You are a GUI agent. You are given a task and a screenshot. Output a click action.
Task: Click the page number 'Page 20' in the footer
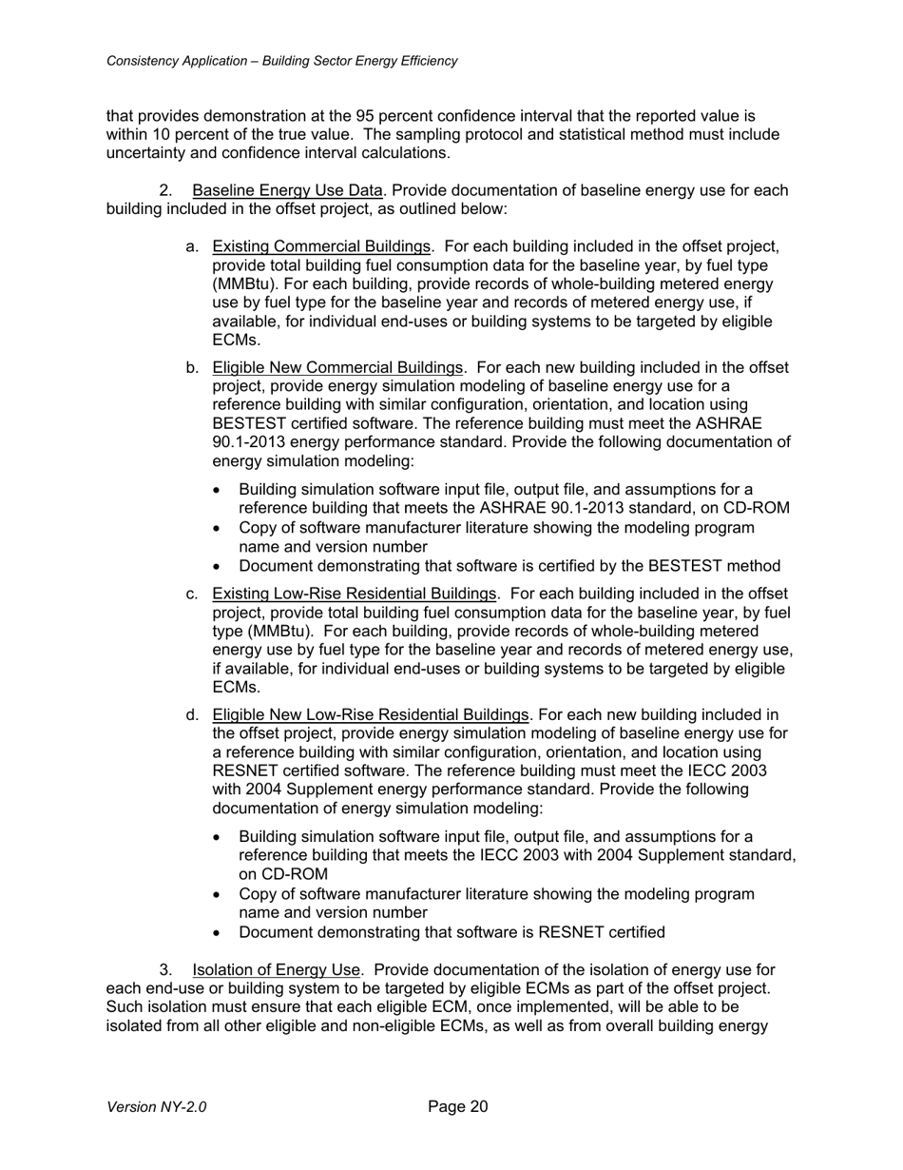point(457,1106)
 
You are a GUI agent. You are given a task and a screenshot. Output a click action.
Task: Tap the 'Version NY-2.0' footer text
point(156,1107)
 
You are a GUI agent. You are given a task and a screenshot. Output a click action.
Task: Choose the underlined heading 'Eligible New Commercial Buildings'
point(337,368)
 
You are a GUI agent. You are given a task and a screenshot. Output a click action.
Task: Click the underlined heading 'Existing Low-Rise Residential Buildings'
point(354,595)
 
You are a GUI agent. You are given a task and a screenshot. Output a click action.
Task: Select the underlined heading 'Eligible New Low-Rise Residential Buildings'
point(370,714)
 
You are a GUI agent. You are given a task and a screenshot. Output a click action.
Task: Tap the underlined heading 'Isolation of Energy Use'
point(276,970)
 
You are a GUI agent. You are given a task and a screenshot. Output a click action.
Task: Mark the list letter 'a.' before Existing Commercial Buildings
point(193,247)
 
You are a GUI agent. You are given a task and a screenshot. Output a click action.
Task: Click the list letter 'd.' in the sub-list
point(193,714)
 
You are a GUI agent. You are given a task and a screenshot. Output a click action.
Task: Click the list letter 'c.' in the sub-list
point(193,595)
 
